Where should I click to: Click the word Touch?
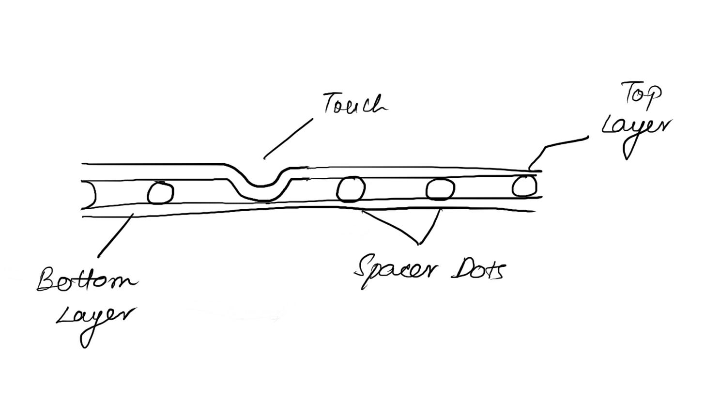click(355, 104)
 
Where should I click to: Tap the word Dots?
click(478, 270)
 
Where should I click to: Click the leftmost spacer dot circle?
click(160, 193)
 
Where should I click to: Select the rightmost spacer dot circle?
click(524, 186)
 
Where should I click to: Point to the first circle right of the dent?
click(351, 189)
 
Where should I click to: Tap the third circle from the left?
click(440, 189)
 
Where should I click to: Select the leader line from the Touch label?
click(289, 138)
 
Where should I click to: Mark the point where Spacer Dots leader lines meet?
click(418, 243)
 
